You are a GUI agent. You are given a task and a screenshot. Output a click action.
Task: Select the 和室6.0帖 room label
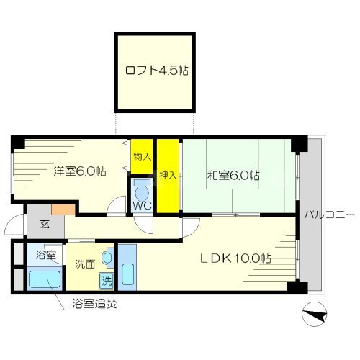coord(235,175)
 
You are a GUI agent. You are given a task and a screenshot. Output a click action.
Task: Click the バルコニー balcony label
coord(328,215)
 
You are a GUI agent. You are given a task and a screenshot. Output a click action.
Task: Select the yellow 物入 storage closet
coord(141,156)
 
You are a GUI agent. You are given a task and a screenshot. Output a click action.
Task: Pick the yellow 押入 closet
coord(167,175)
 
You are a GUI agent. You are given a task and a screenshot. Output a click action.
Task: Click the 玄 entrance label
coord(44,225)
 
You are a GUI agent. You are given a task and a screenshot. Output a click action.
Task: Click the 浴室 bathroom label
coord(45,255)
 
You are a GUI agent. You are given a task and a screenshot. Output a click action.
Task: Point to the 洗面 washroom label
coord(84,264)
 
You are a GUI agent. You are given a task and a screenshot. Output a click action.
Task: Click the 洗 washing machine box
coord(106,279)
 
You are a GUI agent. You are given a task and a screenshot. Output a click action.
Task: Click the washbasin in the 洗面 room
coord(107,256)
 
